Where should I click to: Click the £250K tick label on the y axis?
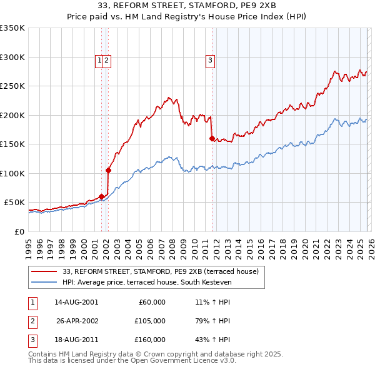[12, 86]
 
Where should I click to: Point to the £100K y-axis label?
[12, 173]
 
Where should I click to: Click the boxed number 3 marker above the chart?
[210, 61]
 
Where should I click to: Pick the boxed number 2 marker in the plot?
[107, 61]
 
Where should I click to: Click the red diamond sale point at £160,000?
[212, 139]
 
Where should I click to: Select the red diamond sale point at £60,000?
[101, 196]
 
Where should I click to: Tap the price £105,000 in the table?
[150, 321]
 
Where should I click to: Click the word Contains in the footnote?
[42, 354]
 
